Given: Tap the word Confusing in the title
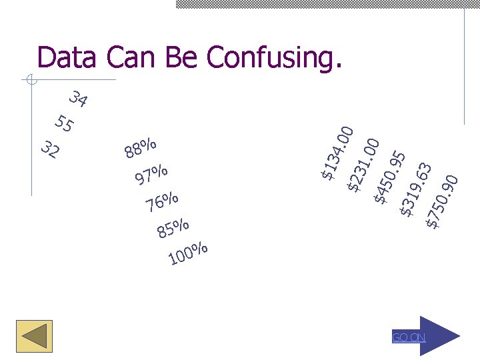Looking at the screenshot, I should click(274, 59).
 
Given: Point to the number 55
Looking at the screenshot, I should click(65, 123).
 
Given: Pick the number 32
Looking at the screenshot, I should click(49, 150).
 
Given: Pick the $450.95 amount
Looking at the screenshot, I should click(390, 177).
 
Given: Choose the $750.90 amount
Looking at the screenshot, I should click(442, 201).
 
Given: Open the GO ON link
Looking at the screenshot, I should click(409, 337).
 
